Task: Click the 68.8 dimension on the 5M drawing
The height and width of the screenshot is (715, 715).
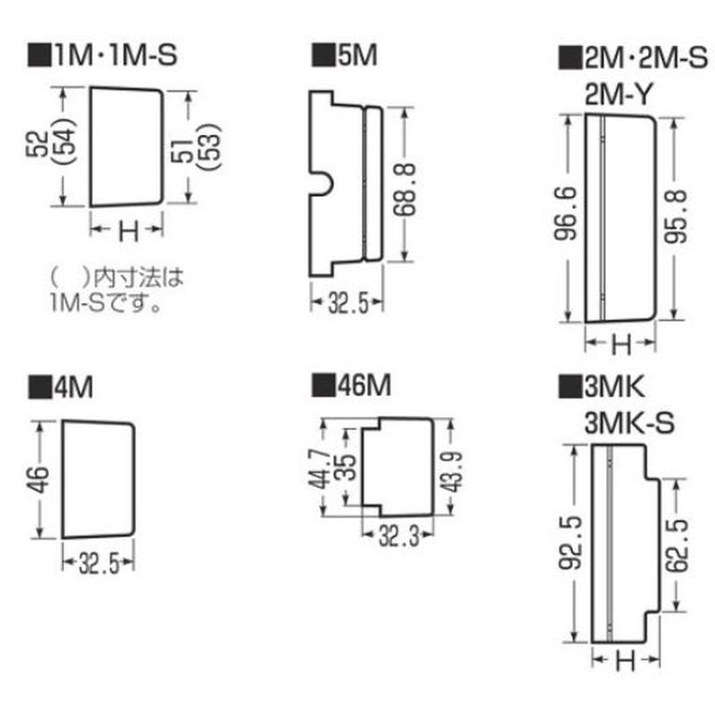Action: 404,189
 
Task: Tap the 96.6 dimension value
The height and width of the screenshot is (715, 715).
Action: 566,213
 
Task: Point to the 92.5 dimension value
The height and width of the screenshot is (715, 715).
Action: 571,543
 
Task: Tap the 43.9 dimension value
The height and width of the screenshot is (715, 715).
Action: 452,472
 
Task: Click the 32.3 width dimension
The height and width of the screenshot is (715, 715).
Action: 399,536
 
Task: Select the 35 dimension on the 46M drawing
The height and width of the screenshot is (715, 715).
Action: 346,467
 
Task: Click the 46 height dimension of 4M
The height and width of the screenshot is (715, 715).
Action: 38,479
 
